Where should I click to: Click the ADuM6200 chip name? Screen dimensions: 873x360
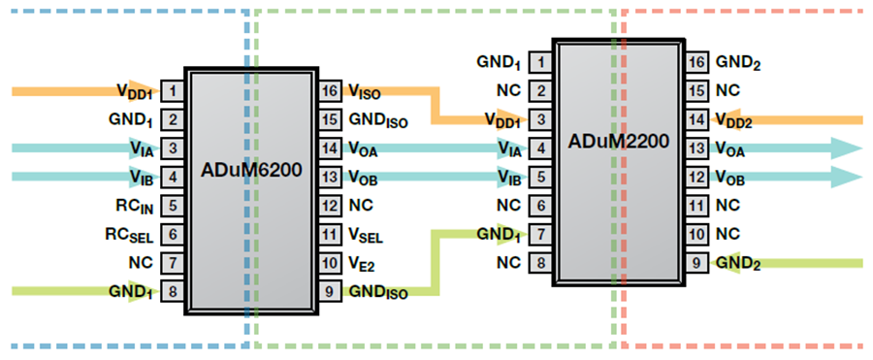251,170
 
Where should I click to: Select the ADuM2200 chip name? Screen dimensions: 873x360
618,142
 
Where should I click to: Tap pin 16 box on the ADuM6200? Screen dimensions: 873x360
330,91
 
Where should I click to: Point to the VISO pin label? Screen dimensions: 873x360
364,91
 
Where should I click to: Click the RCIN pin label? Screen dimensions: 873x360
134,206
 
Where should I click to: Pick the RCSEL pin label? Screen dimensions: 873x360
129,235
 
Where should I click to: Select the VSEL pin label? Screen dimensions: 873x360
366,235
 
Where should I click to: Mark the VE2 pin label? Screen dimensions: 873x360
362,263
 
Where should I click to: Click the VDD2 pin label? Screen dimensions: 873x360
733,120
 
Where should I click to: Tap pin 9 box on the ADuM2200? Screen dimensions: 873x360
696,261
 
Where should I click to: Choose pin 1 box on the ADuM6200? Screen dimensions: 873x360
172,91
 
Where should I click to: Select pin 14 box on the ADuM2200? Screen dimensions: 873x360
696,119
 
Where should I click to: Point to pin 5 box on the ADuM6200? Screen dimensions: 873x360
172,205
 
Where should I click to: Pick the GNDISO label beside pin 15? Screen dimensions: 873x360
378,120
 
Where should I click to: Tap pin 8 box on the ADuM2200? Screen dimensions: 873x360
539,261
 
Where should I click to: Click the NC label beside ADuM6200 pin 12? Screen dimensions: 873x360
361,205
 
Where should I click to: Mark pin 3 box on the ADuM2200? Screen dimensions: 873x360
539,119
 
